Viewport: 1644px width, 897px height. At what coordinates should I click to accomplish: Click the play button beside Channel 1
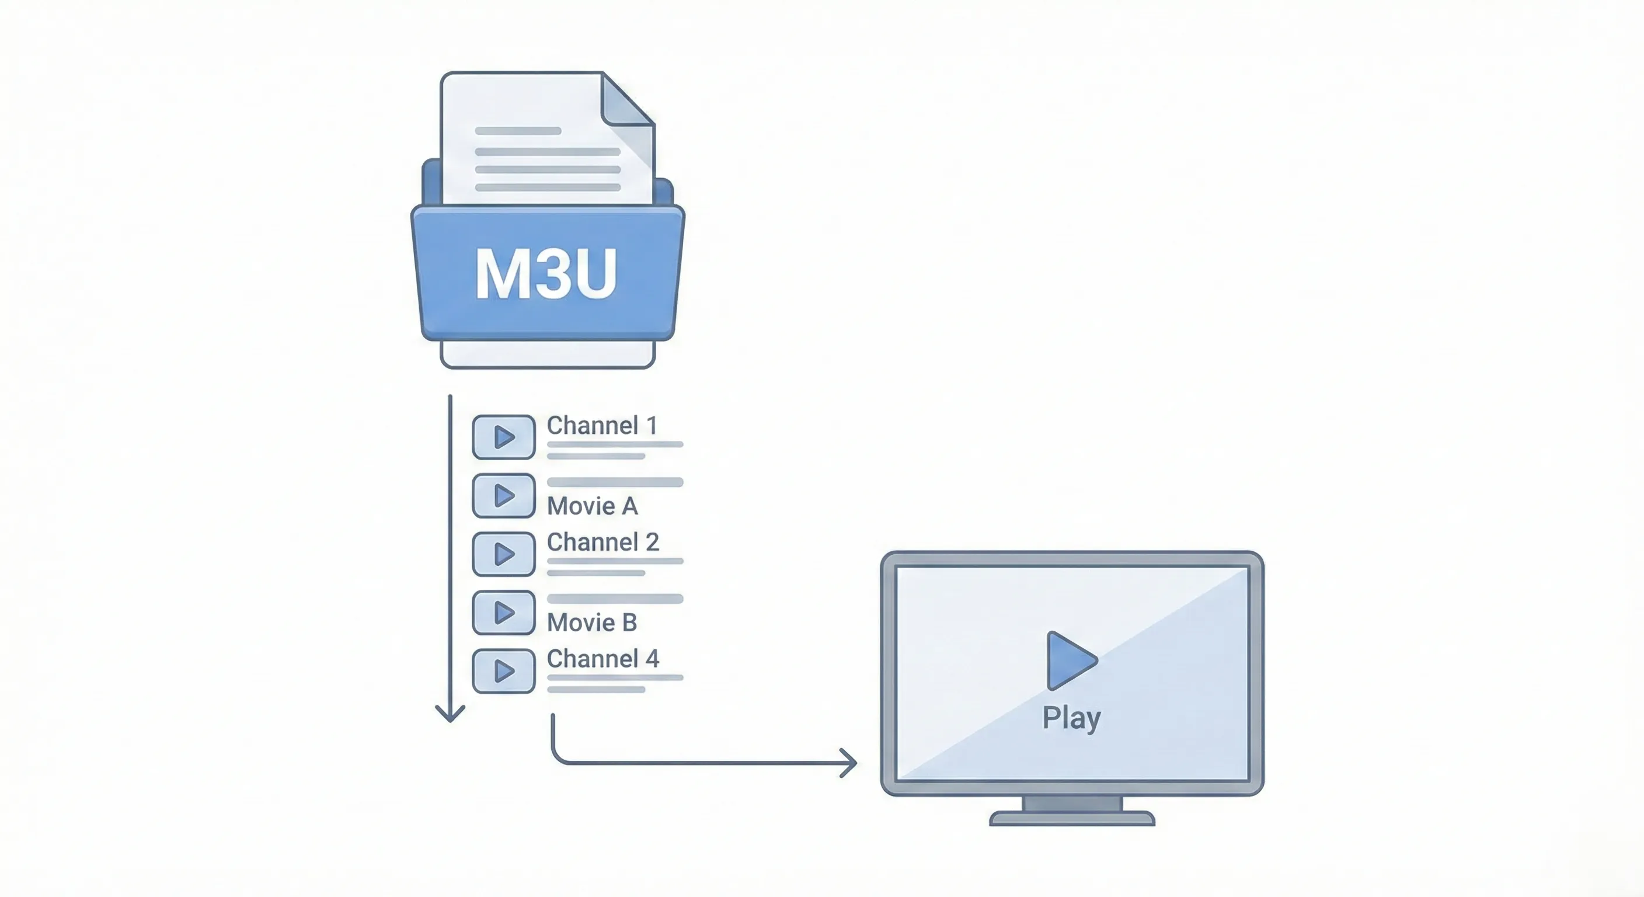504,437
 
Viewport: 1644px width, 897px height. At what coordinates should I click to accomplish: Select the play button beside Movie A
504,495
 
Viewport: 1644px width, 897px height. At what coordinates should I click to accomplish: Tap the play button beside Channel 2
504,554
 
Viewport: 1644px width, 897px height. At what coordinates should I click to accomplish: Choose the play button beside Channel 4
504,671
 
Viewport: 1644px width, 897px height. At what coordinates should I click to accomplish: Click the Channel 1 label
602,425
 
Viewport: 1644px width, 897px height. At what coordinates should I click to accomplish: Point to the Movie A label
592,506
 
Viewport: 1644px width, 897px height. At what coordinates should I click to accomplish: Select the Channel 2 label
602,542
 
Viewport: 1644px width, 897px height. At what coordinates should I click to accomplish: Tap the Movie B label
592,623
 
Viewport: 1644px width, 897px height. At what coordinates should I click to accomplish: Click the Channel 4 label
602,659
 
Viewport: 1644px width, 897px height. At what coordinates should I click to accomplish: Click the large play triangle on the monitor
1070,661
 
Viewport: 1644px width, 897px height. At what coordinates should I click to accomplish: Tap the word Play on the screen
1071,718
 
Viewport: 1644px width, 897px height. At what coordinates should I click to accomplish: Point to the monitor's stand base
1072,819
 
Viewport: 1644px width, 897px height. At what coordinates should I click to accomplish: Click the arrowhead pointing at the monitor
850,763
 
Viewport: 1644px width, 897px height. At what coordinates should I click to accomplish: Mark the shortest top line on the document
518,131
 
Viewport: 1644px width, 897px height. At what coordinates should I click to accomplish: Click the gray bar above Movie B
615,599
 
